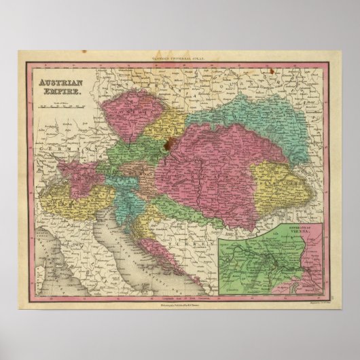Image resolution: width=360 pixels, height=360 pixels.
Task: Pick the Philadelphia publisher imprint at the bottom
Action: tap(180, 293)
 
